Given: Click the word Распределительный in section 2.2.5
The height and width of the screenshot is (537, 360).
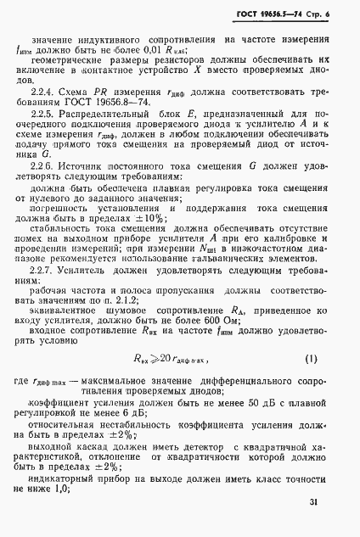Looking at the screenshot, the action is pos(125,122).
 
